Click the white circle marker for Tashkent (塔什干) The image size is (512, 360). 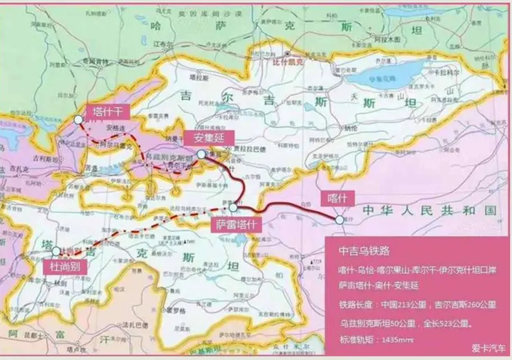click(79, 119)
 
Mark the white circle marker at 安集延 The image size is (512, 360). click(200, 154)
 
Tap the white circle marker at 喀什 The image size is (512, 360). click(339, 219)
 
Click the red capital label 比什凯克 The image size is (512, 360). click(289, 61)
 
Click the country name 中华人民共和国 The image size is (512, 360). click(429, 210)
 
